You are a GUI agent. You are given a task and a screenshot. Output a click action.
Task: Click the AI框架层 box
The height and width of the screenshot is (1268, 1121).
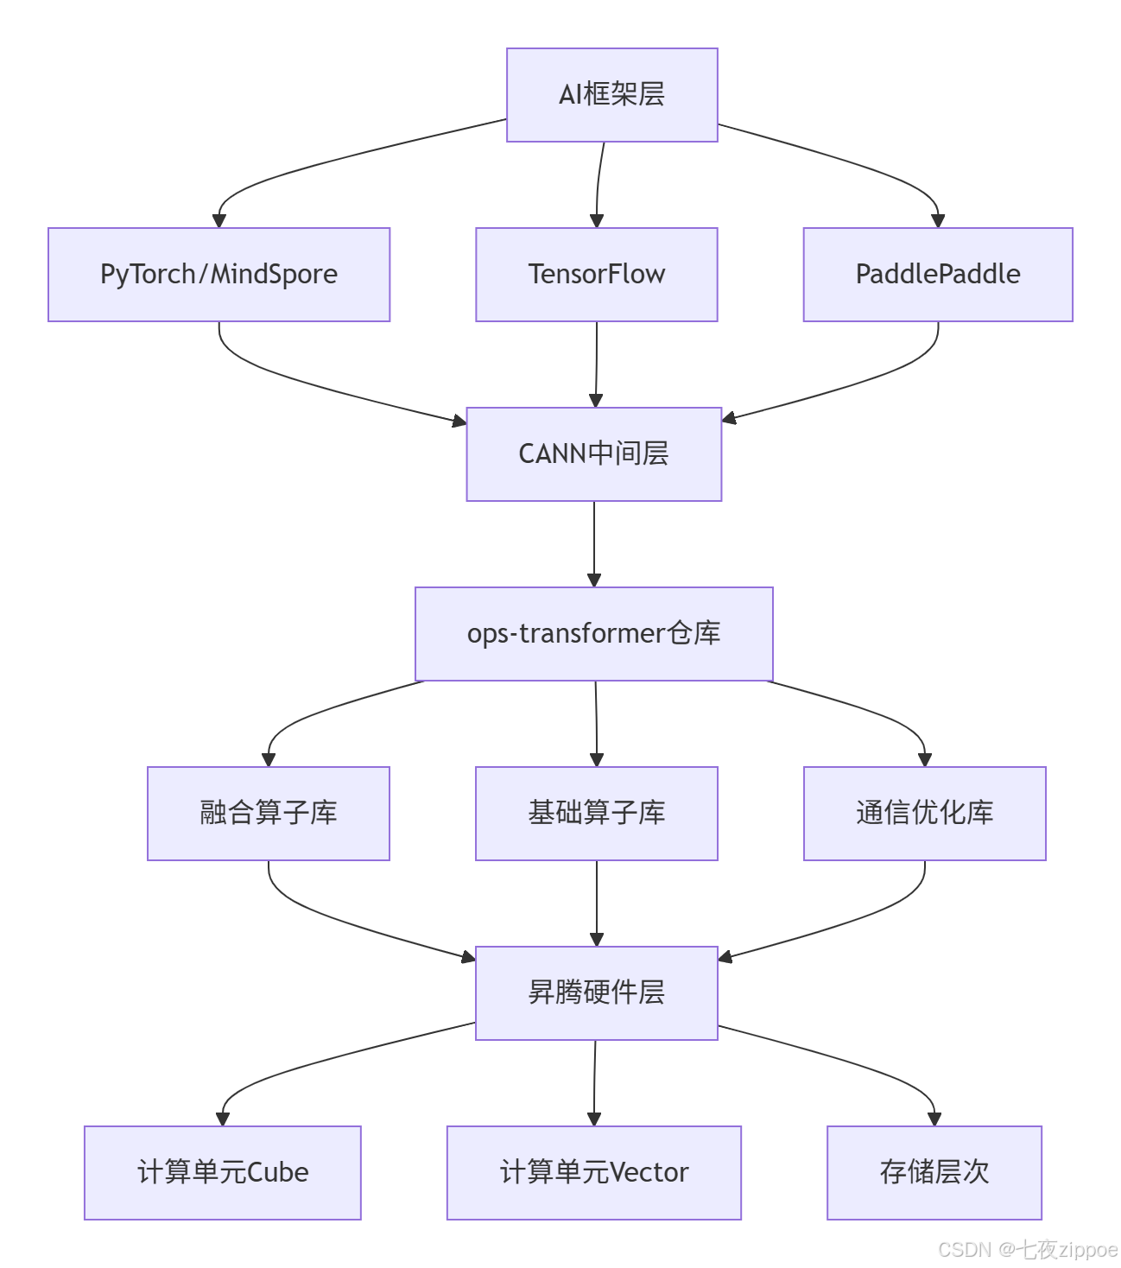point(611,95)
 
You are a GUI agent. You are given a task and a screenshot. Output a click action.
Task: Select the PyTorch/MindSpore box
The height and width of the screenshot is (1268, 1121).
point(218,275)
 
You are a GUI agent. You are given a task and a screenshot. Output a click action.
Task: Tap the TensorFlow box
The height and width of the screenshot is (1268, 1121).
point(596,275)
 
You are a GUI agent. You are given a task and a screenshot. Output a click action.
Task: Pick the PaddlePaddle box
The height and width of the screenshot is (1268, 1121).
point(937,275)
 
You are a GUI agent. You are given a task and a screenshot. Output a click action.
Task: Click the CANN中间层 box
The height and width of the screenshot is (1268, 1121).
point(593,454)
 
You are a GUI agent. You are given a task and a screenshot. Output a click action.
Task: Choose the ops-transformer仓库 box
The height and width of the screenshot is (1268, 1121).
point(593,634)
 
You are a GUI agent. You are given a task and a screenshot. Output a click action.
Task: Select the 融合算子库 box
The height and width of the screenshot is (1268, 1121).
point(268,814)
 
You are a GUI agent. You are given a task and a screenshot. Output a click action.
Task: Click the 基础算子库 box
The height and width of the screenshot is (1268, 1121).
point(596,814)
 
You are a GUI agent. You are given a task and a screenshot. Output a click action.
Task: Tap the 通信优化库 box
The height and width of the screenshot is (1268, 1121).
point(924,814)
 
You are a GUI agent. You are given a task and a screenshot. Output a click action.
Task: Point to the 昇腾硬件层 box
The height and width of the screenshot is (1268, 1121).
point(596,993)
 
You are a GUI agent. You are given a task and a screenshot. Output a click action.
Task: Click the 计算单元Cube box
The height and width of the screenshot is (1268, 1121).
point(222,1173)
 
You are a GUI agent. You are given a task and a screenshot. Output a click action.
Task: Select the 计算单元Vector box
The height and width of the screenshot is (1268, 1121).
point(593,1173)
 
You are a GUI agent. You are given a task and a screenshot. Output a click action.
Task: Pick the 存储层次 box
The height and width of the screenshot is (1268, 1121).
point(934,1173)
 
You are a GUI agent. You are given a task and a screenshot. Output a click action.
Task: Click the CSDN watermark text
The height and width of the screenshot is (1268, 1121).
point(1027,1250)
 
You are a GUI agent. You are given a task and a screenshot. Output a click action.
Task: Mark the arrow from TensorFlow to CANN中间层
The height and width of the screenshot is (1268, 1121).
point(596,363)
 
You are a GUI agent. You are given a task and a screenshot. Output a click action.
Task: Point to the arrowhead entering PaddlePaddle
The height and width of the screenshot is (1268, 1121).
point(938,221)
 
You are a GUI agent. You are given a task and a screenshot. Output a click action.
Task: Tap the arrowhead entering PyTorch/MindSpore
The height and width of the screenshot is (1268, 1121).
point(219,221)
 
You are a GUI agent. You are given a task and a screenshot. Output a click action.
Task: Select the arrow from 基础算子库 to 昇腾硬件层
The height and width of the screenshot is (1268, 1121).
point(596,902)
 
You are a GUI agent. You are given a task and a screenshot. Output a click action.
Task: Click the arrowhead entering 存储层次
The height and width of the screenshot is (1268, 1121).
point(934,1119)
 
